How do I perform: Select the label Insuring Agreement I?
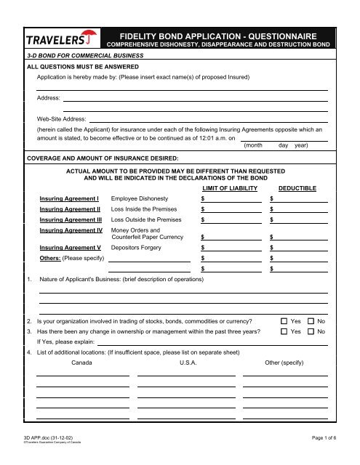[68, 198]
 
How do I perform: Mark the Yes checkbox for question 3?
[284, 331]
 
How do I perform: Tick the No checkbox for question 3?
[311, 331]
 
